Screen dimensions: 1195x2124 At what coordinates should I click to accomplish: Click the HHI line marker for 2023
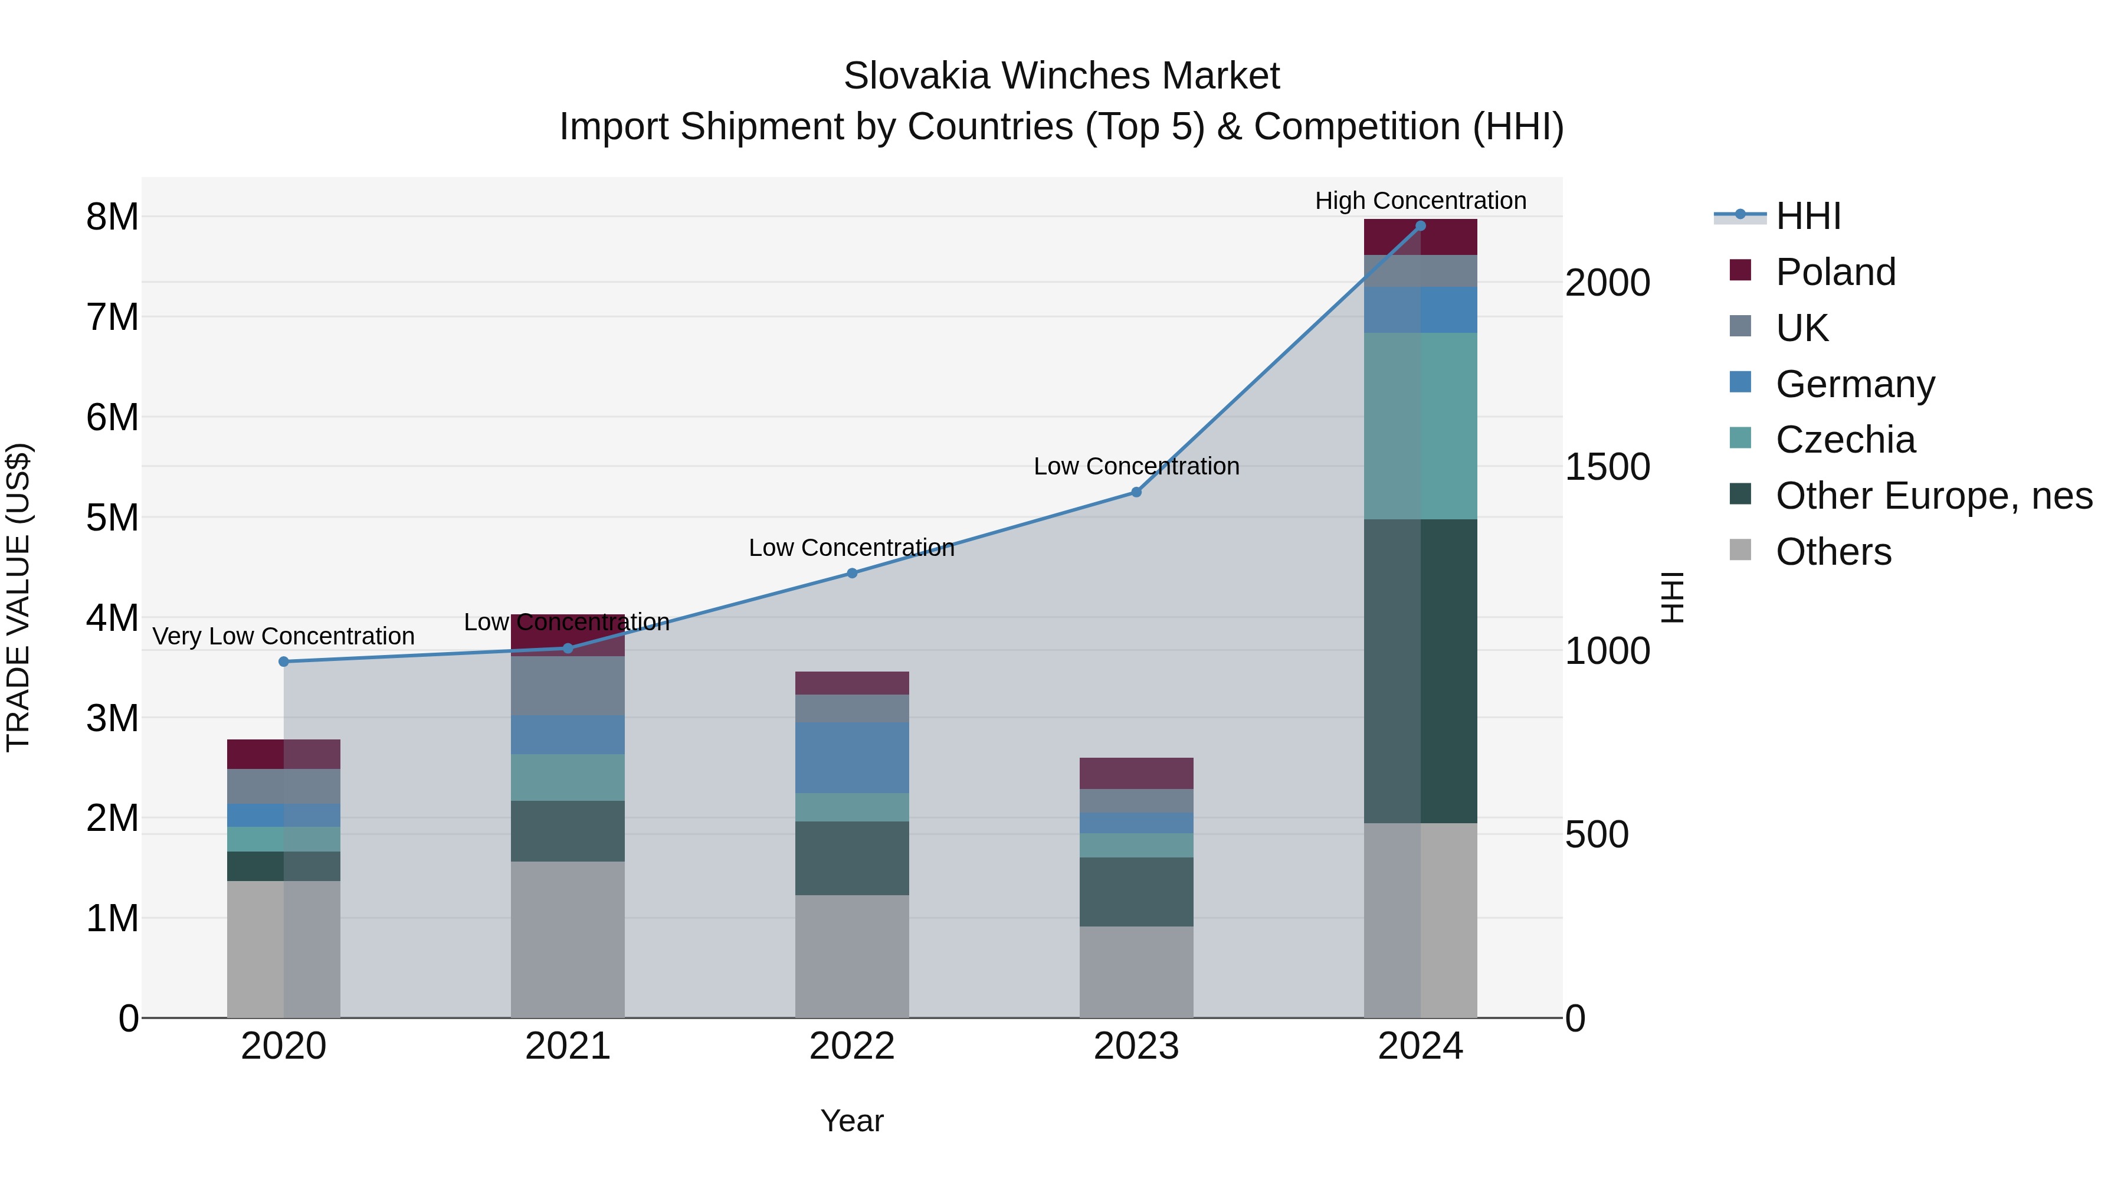[x=1136, y=492]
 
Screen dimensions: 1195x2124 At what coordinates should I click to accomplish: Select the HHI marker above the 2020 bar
[x=284, y=662]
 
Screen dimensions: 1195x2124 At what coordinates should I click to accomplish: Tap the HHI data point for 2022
[x=852, y=573]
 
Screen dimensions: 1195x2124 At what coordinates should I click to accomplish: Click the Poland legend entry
[x=1835, y=272]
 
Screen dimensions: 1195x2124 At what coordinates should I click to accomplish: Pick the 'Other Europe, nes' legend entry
[x=1933, y=496]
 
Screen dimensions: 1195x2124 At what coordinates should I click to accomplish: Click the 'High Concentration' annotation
[x=1420, y=201]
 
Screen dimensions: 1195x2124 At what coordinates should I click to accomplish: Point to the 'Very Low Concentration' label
[x=284, y=636]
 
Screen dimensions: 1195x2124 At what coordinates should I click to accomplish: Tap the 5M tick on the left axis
[x=112, y=518]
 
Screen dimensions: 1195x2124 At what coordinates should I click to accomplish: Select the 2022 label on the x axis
[x=852, y=1046]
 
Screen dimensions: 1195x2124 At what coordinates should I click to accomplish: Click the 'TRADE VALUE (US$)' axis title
[x=18, y=597]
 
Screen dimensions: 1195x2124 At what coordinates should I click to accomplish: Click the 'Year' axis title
[x=852, y=1121]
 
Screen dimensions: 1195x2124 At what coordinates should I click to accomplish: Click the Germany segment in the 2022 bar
[x=852, y=757]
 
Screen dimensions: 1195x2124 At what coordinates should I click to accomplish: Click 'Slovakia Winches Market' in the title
[x=1061, y=76]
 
